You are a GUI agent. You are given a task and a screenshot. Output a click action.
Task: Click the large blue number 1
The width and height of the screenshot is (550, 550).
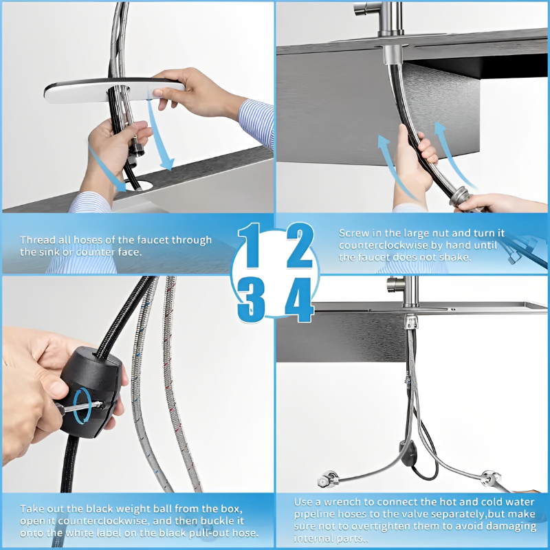tap(250, 245)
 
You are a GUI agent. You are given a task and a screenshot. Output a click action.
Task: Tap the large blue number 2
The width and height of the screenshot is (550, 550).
tap(299, 245)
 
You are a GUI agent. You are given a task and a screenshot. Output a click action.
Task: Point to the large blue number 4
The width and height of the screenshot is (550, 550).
tap(299, 300)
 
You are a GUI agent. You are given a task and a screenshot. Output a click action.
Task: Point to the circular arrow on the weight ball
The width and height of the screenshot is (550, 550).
tap(82, 406)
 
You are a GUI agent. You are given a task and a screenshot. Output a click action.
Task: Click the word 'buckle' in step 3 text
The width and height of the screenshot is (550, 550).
tap(217, 520)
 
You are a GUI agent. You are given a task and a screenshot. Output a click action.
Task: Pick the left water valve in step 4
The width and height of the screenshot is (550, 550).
tap(329, 478)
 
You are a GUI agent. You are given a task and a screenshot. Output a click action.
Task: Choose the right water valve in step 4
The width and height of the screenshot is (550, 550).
tap(490, 478)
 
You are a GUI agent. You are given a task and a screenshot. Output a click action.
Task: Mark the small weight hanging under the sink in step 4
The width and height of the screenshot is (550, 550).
tap(408, 454)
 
